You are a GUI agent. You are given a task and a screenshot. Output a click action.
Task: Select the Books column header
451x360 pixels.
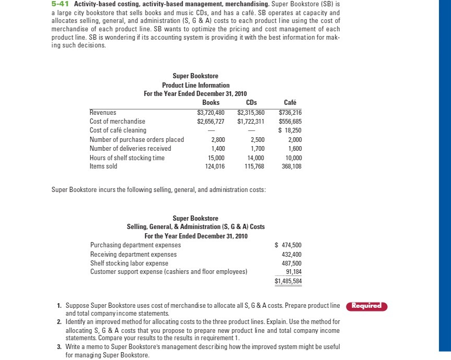pyautogui.click(x=210, y=103)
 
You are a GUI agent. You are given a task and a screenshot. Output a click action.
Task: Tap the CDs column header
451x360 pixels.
pyautogui.click(x=251, y=103)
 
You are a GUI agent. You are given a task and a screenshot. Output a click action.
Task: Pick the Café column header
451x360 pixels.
pyautogui.click(x=290, y=103)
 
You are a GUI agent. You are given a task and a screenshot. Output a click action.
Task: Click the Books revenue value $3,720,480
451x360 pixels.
pyautogui.click(x=210, y=112)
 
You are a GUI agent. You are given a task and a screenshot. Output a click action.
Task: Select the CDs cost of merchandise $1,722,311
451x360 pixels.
pyautogui.click(x=251, y=121)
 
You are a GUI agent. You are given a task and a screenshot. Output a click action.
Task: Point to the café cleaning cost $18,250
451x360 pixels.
pyautogui.click(x=290, y=130)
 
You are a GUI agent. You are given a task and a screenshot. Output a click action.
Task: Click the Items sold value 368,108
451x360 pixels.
pyautogui.click(x=291, y=166)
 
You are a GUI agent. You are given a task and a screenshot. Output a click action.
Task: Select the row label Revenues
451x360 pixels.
pyautogui.click(x=103, y=112)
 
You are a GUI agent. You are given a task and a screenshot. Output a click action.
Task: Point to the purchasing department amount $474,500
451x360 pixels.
pyautogui.click(x=288, y=245)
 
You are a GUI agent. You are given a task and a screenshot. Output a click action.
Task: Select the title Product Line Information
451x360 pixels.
pyautogui.click(x=196, y=85)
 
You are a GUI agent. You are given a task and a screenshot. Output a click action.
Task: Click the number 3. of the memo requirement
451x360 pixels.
pyautogui.click(x=60, y=346)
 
